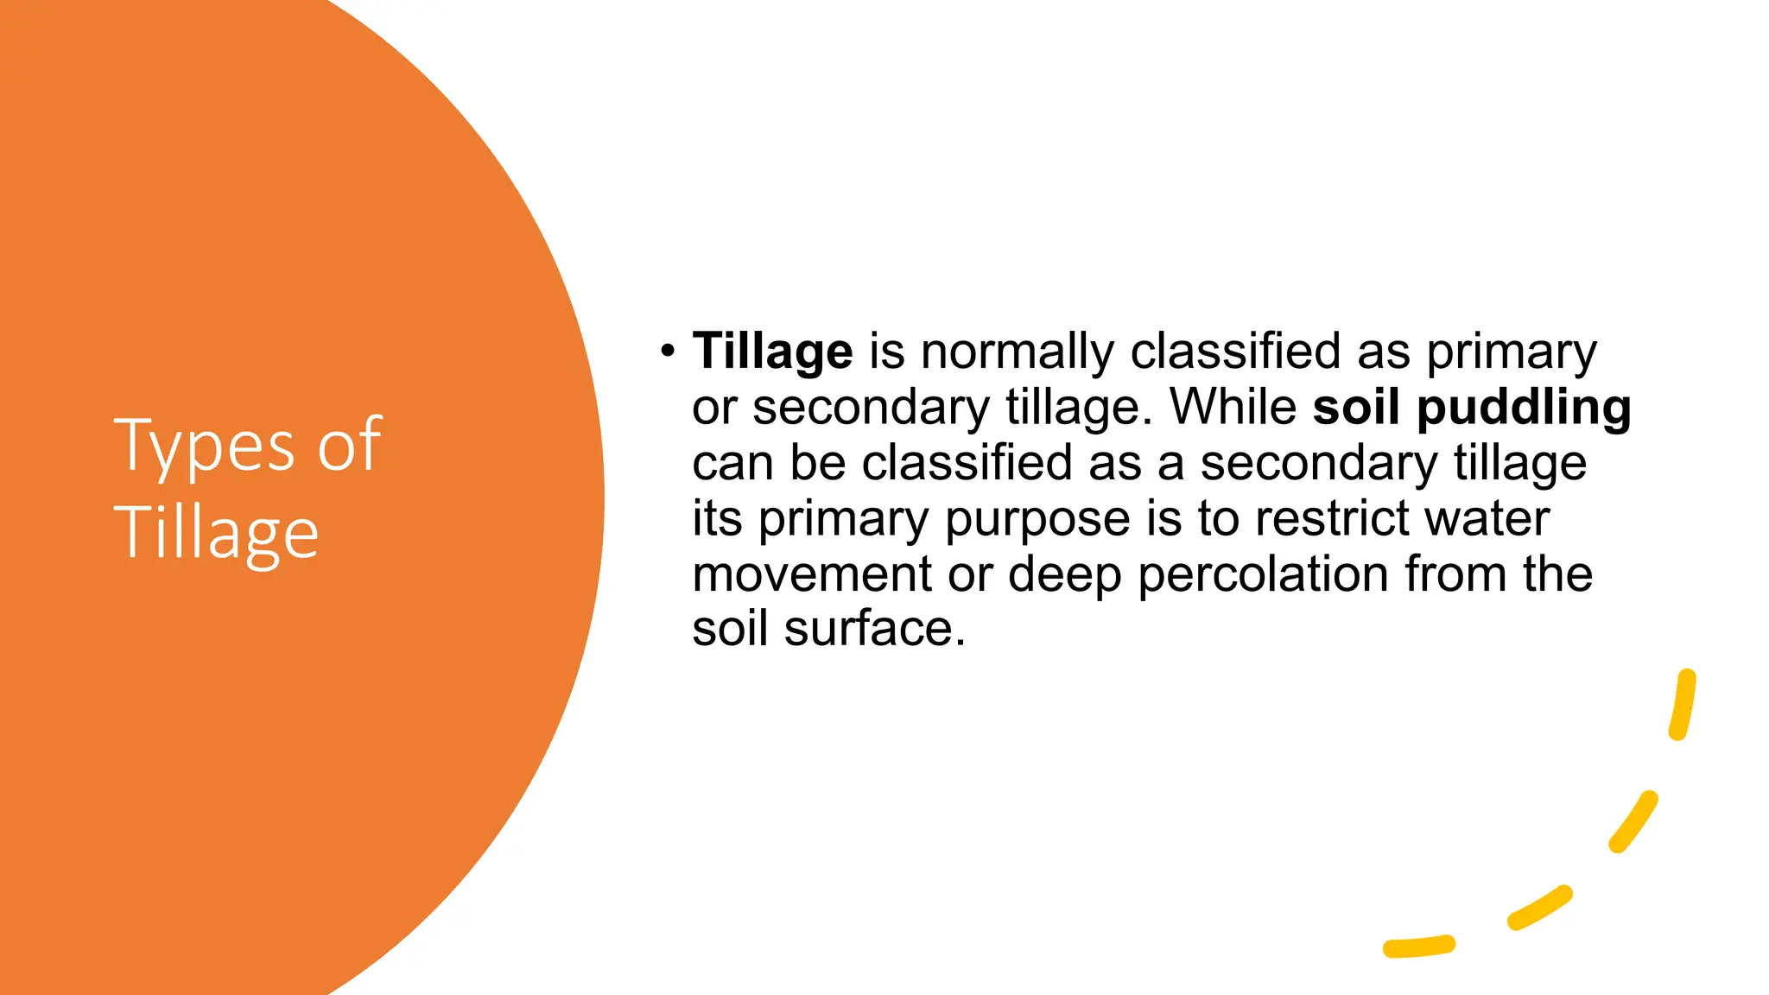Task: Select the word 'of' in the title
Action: tap(349, 445)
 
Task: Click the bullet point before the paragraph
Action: tap(666, 351)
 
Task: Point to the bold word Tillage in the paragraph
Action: tap(772, 352)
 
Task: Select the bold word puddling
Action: tap(1524, 408)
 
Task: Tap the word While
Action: tap(1233, 407)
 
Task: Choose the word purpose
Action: tap(1037, 519)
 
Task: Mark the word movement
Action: tap(812, 574)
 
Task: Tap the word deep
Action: tap(1064, 574)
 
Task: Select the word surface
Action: tap(874, 629)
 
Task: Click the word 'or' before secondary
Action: tap(713, 408)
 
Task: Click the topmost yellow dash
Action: tap(1683, 705)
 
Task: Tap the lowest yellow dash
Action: tap(1418, 947)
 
